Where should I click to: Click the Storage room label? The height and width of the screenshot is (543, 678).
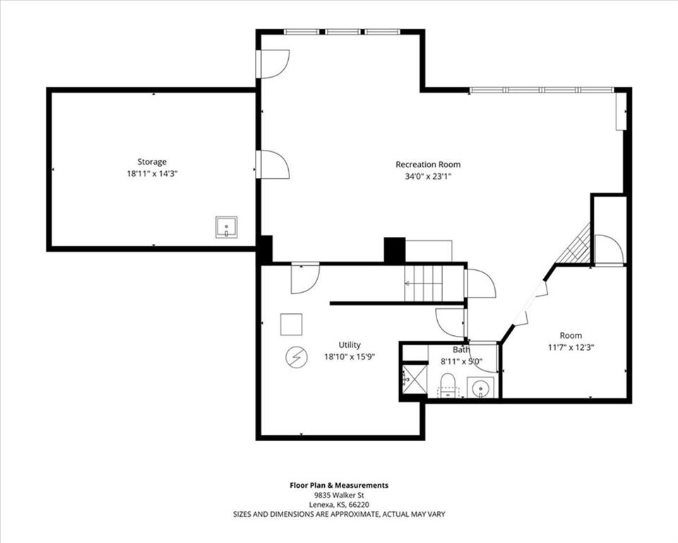[x=152, y=162]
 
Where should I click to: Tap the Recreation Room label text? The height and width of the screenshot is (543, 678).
[x=428, y=165]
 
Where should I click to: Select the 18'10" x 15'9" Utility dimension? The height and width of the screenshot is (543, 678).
[x=350, y=357]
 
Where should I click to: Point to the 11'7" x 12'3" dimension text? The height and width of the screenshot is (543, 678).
[x=571, y=347]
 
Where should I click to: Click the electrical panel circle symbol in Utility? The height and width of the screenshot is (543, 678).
[x=296, y=357]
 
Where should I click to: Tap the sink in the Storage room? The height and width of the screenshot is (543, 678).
[x=226, y=228]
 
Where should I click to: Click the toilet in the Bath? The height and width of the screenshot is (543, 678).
[x=448, y=385]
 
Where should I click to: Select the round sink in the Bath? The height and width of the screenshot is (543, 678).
[x=480, y=387]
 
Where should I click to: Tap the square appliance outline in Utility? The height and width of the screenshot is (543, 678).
[x=291, y=325]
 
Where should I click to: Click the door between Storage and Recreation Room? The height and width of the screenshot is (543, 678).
[x=273, y=164]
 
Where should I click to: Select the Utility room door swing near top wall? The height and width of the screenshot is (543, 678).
[x=305, y=279]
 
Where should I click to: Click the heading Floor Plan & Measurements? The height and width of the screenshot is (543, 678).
[x=339, y=486]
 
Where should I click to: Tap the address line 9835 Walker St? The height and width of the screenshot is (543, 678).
[x=339, y=496]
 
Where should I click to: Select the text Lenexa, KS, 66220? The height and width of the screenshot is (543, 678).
[x=339, y=505]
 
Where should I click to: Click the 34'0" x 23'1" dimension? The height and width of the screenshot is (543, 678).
[x=428, y=177]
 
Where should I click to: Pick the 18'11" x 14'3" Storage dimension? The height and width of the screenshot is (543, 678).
[x=153, y=174]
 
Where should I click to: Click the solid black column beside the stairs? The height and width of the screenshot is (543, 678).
[x=394, y=250]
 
